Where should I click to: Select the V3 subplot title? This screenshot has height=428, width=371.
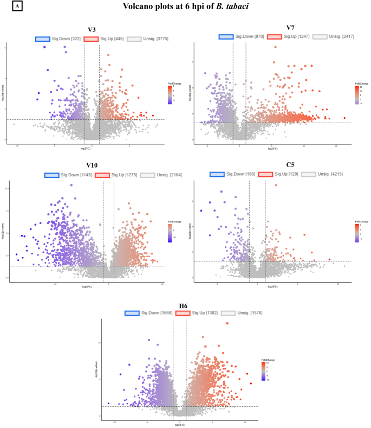point(92,30)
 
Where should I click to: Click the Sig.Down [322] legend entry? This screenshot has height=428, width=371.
point(57,39)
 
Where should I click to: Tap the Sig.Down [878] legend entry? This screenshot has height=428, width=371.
point(242,36)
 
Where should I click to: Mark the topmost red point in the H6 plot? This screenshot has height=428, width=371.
point(227,323)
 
